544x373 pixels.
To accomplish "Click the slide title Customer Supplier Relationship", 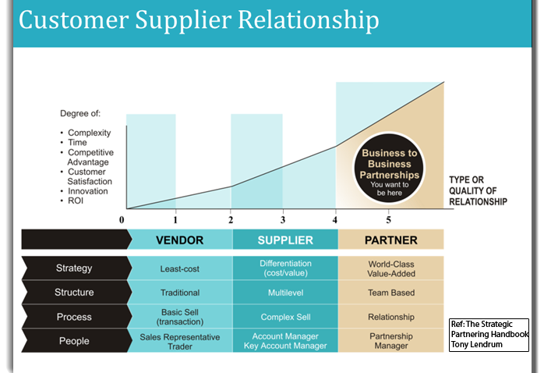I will (x=199, y=21).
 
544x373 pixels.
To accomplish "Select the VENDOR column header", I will (x=179, y=240).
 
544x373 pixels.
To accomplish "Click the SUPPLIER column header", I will (x=285, y=240).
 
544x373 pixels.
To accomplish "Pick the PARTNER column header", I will (x=390, y=240).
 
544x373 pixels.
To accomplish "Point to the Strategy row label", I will (x=74, y=268).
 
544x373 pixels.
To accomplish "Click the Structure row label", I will (x=74, y=293).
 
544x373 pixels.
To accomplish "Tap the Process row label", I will (x=74, y=317).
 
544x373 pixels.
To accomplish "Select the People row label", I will (x=74, y=341).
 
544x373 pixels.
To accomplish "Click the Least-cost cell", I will (x=179, y=268).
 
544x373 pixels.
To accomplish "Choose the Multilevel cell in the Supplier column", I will (x=285, y=293).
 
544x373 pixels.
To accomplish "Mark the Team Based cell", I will (x=390, y=293).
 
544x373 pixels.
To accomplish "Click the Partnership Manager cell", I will (x=390, y=341).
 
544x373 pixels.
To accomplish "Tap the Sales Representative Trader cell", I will (x=179, y=341).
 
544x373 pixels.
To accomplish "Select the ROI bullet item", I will (x=76, y=201).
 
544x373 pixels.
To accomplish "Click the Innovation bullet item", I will (x=88, y=191).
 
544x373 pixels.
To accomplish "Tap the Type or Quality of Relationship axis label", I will (x=478, y=190).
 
